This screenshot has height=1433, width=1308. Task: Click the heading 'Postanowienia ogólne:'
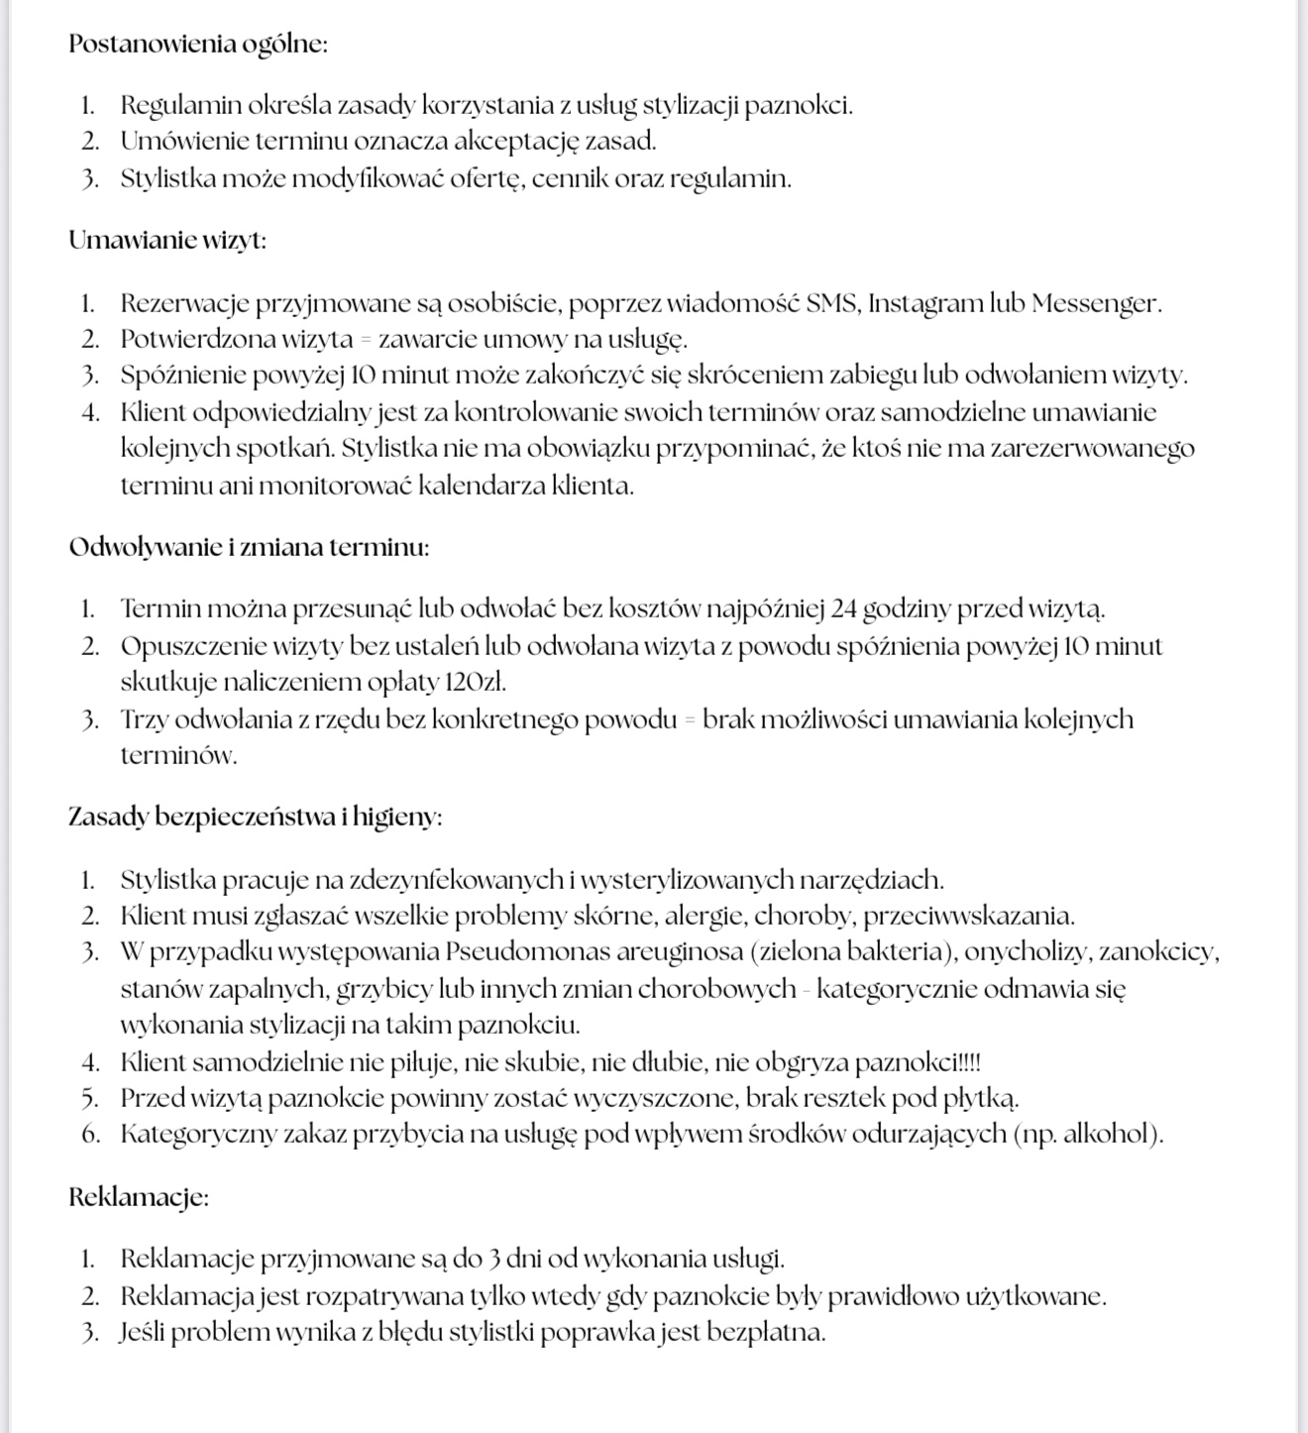coord(198,45)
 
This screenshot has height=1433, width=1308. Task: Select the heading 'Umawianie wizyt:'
coord(167,241)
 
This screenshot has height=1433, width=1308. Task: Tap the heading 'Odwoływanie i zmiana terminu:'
coord(249,548)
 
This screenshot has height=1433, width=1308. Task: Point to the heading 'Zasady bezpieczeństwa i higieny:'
coord(255,818)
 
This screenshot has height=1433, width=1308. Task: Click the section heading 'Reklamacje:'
coord(139,1197)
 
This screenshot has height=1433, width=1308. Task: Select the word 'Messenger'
coord(1096,303)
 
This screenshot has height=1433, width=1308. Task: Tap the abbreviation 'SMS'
coord(833,303)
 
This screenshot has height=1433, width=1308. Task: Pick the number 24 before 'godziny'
coord(843,608)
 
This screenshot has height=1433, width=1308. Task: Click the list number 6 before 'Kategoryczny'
coord(91,1135)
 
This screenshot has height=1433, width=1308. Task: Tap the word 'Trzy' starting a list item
coord(143,719)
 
